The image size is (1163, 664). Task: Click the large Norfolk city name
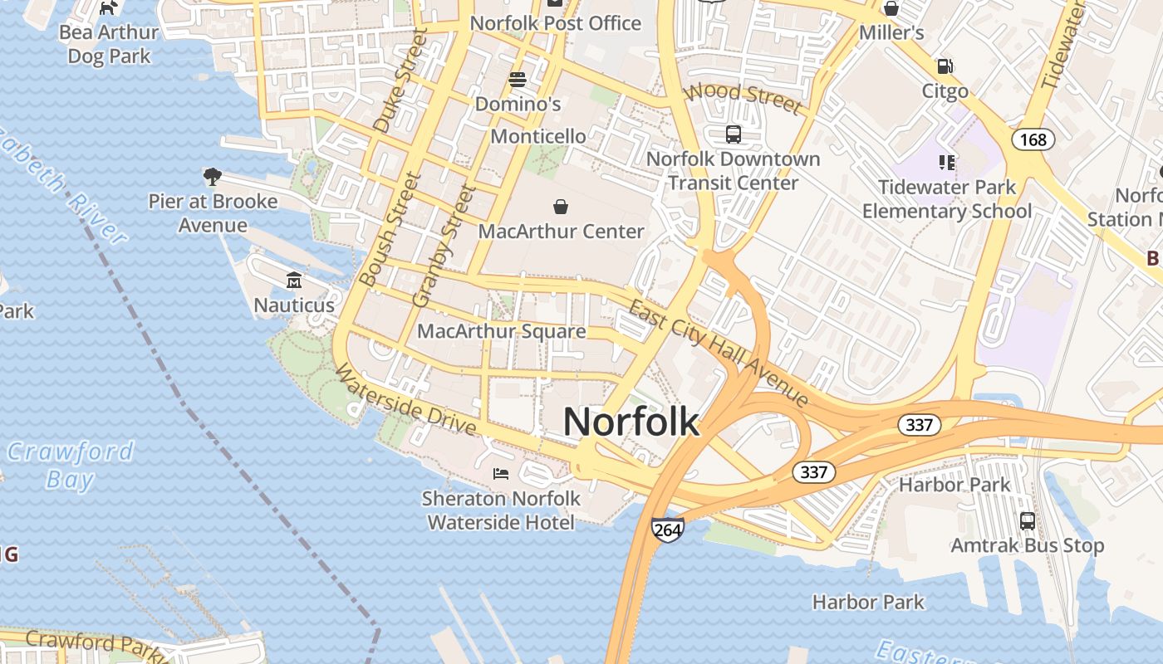pos(631,422)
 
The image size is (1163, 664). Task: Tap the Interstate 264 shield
pos(667,530)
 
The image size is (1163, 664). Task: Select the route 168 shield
pos(1033,139)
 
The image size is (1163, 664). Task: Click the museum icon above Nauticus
pos(293,281)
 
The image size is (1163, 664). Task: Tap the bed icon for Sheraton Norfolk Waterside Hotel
pos(500,474)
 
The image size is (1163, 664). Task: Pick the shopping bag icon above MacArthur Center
pos(561,206)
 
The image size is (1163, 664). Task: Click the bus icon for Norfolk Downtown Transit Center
pos(733,134)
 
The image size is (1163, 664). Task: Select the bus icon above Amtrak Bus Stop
pos(1028,521)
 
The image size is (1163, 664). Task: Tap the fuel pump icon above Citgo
pos(945,66)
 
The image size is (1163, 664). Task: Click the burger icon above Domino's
pos(518,80)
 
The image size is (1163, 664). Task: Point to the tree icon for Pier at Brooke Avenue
pos(213,176)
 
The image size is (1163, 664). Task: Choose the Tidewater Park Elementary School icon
pos(946,163)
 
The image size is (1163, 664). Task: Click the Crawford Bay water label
pos(71,465)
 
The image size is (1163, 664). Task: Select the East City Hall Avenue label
pos(718,354)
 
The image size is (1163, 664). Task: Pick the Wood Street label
pos(744,98)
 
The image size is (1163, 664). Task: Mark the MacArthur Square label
pos(501,332)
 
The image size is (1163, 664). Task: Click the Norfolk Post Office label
pos(556,23)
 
